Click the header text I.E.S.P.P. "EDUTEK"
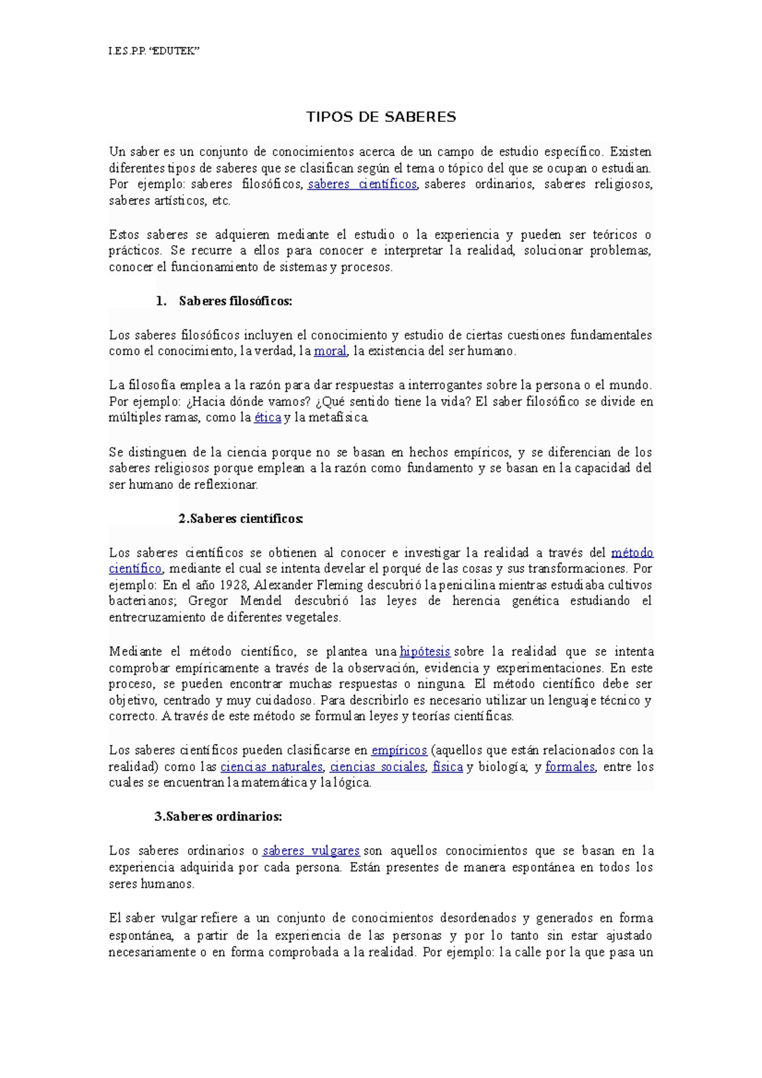point(154,51)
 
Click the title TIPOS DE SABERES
point(381,117)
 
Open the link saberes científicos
point(362,184)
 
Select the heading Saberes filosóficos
point(235,301)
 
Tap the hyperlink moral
point(330,351)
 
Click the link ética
point(267,418)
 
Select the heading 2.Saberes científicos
point(241,519)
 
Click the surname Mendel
point(260,601)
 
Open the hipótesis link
point(425,651)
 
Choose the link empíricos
point(399,750)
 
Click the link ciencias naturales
point(272,767)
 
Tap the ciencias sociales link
point(377,767)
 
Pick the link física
point(448,767)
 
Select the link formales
point(570,767)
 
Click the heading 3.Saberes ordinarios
point(218,817)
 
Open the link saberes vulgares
point(311,851)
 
